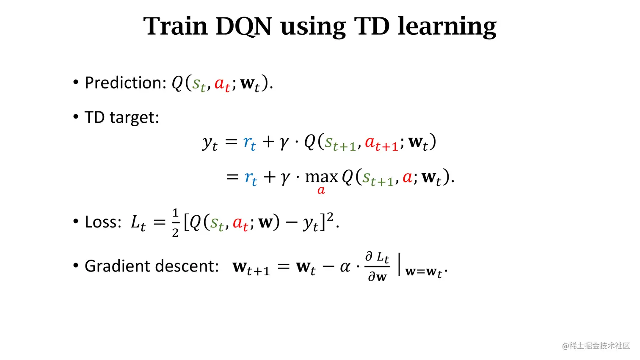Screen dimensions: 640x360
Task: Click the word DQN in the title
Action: (x=243, y=27)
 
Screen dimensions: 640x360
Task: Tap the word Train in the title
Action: (x=175, y=26)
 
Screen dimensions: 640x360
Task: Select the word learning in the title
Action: (x=447, y=27)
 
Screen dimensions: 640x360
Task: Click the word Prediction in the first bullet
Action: (x=125, y=83)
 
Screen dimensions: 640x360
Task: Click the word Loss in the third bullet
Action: (x=103, y=222)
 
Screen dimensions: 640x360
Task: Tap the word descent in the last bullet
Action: (x=187, y=266)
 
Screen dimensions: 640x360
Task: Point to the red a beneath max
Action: (x=321, y=191)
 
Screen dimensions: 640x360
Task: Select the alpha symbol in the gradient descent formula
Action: (x=345, y=267)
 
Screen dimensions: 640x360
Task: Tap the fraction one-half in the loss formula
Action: (x=175, y=223)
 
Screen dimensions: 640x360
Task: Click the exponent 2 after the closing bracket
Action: (x=330, y=217)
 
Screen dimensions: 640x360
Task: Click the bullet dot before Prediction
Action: (x=76, y=82)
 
